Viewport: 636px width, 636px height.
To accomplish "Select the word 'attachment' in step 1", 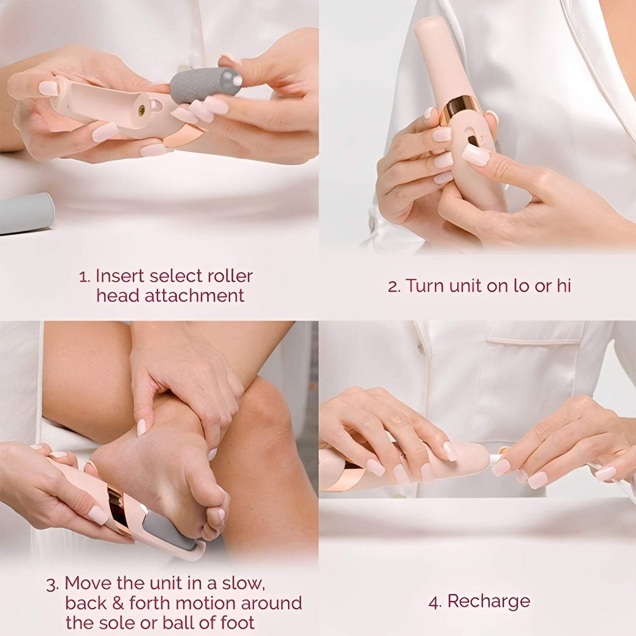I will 194,296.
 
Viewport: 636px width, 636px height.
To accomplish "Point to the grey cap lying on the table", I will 25,213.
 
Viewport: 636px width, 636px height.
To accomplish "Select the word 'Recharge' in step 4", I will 489,602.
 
